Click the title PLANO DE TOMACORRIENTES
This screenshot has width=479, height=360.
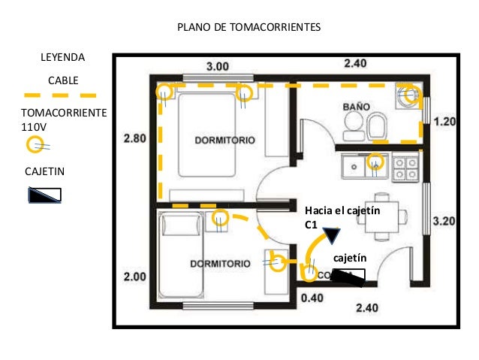[x=249, y=28]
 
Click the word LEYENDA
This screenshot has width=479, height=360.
[x=62, y=57]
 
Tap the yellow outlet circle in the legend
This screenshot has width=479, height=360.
[x=34, y=144]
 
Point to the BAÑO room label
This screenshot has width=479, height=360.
[x=356, y=107]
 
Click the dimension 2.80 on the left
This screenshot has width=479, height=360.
[x=134, y=138]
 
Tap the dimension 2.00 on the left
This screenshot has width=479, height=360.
[x=134, y=277]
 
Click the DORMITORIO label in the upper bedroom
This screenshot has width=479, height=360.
[x=224, y=141]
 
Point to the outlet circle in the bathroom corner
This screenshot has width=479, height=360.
[x=409, y=95]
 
